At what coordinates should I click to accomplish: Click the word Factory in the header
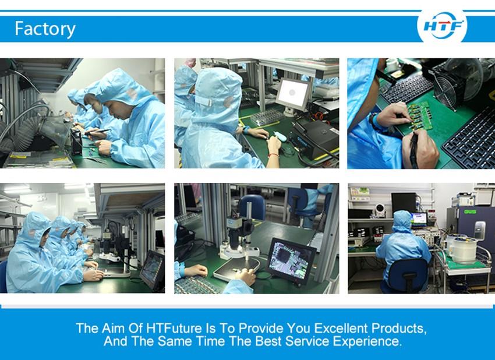click(x=45, y=29)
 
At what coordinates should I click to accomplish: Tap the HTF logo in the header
click(x=442, y=26)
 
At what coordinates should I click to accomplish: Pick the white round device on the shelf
click(x=380, y=210)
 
